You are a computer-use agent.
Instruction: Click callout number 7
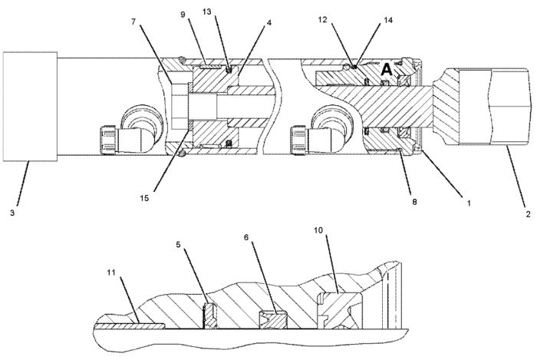(133, 21)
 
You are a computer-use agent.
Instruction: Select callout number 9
(183, 15)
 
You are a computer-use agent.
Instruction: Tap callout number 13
(206, 12)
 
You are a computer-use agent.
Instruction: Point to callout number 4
(268, 22)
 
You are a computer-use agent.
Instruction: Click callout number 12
(322, 20)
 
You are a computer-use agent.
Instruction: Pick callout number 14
(387, 20)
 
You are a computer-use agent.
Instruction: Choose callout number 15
(144, 198)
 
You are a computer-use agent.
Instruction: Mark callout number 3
(12, 213)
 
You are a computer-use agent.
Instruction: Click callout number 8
(414, 202)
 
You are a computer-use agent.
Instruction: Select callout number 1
(469, 203)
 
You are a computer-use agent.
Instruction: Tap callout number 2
(528, 215)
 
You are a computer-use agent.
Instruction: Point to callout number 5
(178, 245)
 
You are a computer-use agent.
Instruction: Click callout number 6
(246, 237)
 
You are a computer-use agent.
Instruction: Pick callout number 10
(318, 230)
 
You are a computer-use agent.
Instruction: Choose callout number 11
(110, 272)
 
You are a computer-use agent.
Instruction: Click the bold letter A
(387, 70)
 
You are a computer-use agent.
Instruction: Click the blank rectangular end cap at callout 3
(30, 106)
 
